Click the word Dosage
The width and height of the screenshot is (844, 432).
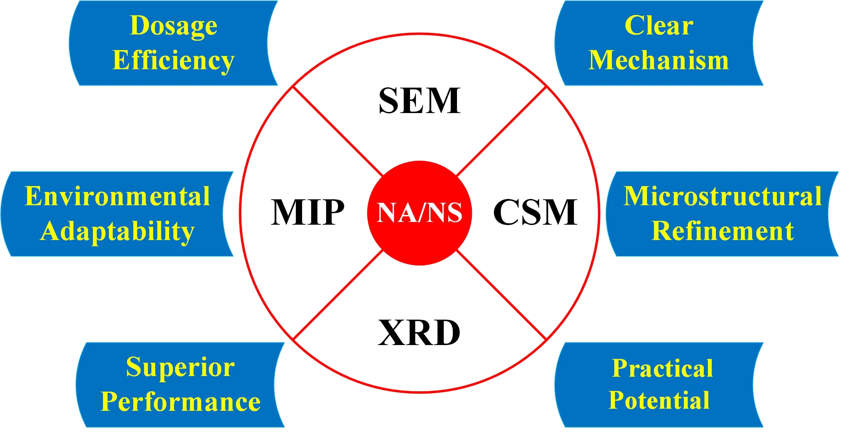(x=173, y=26)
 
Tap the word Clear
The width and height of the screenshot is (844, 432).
(x=658, y=26)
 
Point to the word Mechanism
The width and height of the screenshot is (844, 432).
(x=658, y=61)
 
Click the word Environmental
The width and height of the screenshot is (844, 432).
(x=117, y=197)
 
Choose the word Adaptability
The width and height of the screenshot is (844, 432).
(x=117, y=231)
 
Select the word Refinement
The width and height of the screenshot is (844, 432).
(x=723, y=231)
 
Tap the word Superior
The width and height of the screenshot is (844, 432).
(x=180, y=367)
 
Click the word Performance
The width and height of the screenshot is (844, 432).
(x=180, y=402)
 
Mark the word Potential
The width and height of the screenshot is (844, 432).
(x=659, y=401)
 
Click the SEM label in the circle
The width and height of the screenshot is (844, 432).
(x=419, y=101)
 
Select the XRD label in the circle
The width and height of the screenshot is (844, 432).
(x=419, y=333)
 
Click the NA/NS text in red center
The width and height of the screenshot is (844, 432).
(x=419, y=213)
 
